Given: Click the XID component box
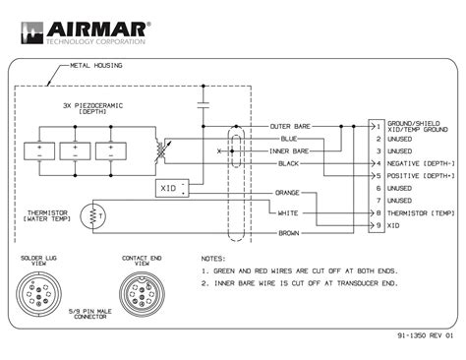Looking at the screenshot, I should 172,187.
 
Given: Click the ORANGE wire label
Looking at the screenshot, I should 287,193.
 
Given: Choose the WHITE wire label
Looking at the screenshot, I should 287,212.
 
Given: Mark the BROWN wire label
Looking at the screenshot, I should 287,232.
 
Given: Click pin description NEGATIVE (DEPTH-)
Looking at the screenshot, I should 420,163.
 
